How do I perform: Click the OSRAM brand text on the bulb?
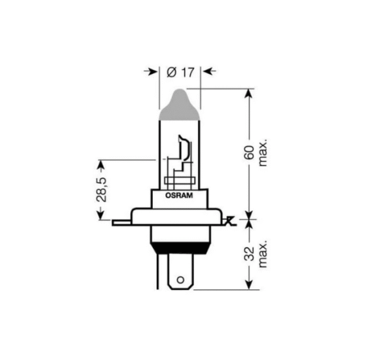coord(180,194)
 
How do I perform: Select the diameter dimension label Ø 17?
coord(180,71)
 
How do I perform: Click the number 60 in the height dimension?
coord(249,155)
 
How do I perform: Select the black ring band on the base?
coord(180,247)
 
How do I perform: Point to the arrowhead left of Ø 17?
coord(154,71)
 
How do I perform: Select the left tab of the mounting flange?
coord(121,223)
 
